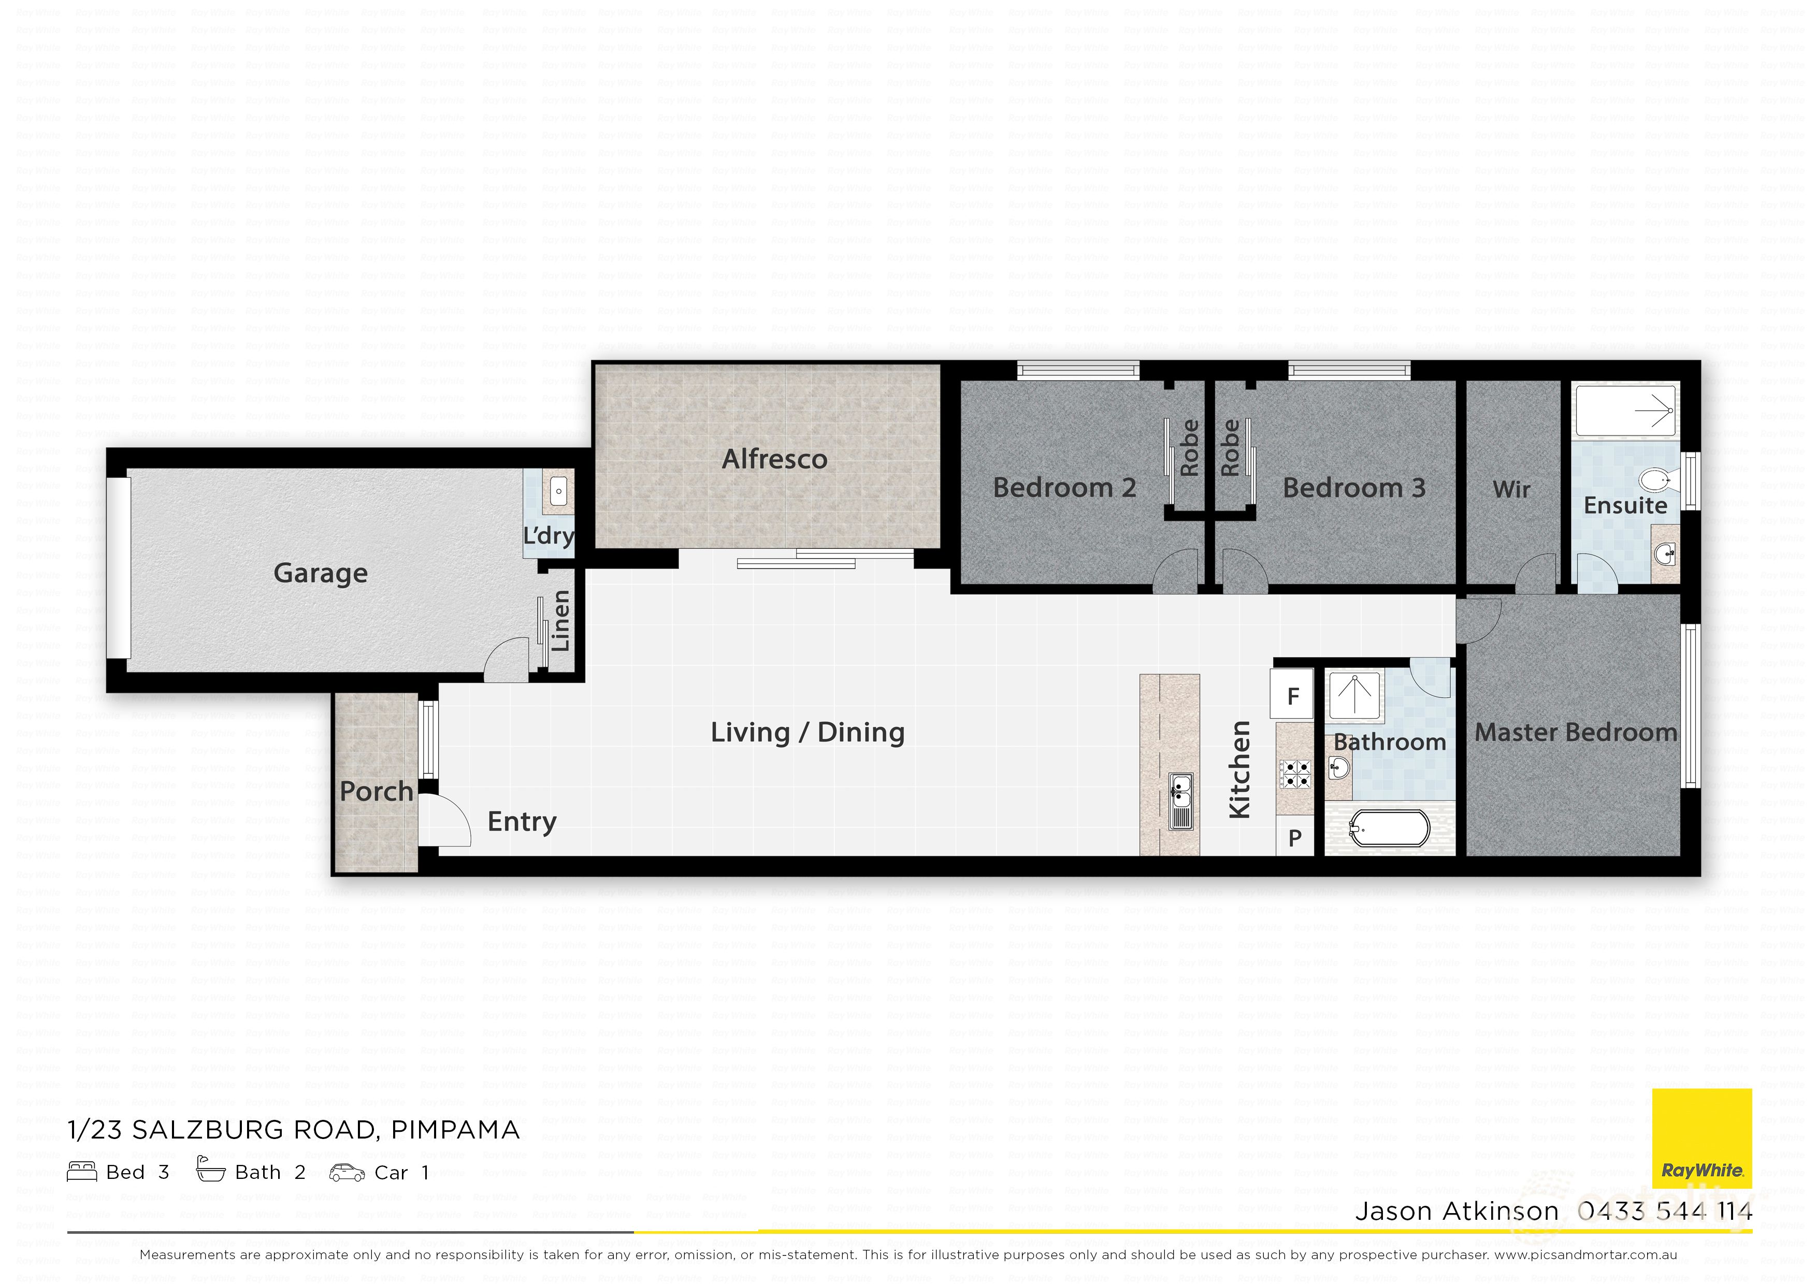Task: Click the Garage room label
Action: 321,573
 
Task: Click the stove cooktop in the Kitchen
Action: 1295,773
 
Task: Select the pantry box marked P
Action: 1295,837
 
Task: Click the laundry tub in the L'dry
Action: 559,491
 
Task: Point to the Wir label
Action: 1511,489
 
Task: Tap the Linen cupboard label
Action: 560,621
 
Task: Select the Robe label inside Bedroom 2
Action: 1189,448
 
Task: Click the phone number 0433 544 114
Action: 1664,1211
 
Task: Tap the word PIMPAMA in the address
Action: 455,1130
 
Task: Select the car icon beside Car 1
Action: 347,1173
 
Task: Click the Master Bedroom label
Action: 1575,733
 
